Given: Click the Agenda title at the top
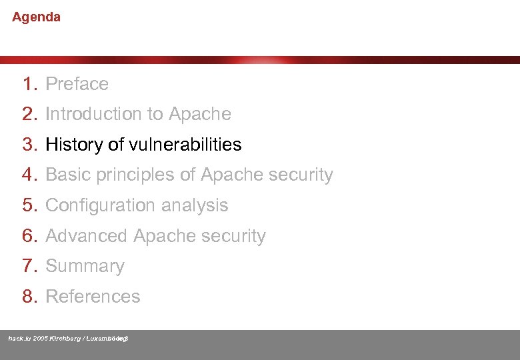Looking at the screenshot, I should pyautogui.click(x=36, y=17).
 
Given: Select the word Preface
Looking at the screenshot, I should pyautogui.click(x=77, y=84).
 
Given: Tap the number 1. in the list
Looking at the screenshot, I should pyautogui.click(x=30, y=84).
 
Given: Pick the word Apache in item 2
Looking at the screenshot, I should pyautogui.click(x=200, y=114).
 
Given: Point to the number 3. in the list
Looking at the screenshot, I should pyautogui.click(x=30, y=145).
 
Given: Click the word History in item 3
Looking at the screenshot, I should pyautogui.click(x=74, y=145).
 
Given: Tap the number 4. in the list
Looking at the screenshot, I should pyautogui.click(x=30, y=175).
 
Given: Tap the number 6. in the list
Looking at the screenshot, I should pyautogui.click(x=30, y=236).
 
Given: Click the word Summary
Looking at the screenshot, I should pyautogui.click(x=85, y=267).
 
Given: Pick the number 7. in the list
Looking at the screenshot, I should pyautogui.click(x=30, y=266).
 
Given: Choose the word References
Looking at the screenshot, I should pyautogui.click(x=93, y=297).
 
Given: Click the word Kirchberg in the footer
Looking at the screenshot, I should pyautogui.click(x=65, y=339).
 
